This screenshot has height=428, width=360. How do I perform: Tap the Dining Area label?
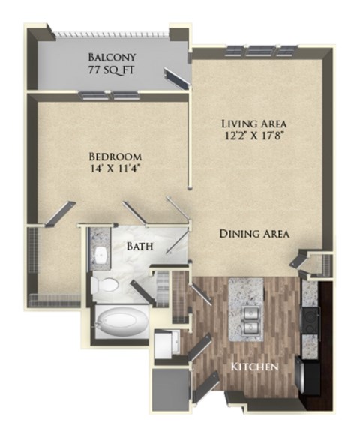254,234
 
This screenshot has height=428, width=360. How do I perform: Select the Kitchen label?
255,367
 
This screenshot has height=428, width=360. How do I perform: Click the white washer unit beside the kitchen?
166,346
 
